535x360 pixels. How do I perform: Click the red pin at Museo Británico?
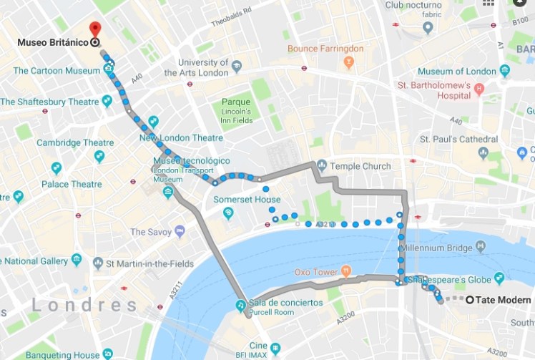tap(94, 29)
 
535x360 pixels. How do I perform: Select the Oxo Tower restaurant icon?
tap(346, 271)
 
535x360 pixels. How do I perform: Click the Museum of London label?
tap(456, 72)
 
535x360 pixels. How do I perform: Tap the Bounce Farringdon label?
tap(325, 49)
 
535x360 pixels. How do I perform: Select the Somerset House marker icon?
tap(228, 213)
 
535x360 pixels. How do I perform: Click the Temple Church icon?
tap(322, 165)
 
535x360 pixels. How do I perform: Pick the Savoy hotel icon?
tap(179, 231)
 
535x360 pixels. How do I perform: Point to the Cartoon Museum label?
tap(57, 71)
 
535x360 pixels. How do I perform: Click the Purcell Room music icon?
tap(242, 306)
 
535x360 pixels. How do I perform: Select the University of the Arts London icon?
tap(235, 66)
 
